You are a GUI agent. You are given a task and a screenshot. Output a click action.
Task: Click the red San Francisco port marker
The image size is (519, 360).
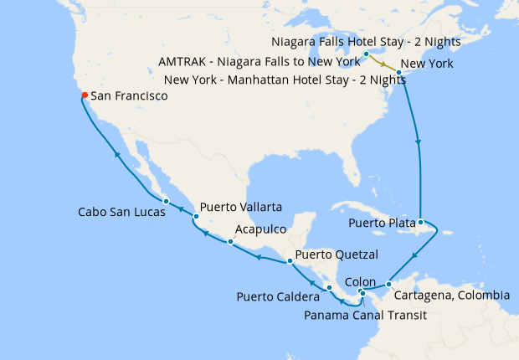pos(84,95)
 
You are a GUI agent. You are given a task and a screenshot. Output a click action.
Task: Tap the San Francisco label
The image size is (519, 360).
pos(129,97)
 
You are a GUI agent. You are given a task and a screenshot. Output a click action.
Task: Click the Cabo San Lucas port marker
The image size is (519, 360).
pos(167,201)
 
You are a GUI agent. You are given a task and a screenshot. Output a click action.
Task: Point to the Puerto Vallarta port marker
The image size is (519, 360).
pos(196,217)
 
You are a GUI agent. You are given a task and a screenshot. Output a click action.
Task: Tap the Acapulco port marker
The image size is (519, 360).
pos(230,242)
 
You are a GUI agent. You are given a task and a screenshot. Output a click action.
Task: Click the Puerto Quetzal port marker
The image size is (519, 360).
pos(290,262)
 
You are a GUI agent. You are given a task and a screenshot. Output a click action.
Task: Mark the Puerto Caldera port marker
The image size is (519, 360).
pos(330,287)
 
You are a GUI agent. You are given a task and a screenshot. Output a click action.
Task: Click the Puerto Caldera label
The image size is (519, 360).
pos(279,296)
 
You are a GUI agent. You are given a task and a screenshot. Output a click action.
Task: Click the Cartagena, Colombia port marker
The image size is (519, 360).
pos(388,285)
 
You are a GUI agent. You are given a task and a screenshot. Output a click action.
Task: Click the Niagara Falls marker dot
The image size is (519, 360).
pos(367,54)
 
